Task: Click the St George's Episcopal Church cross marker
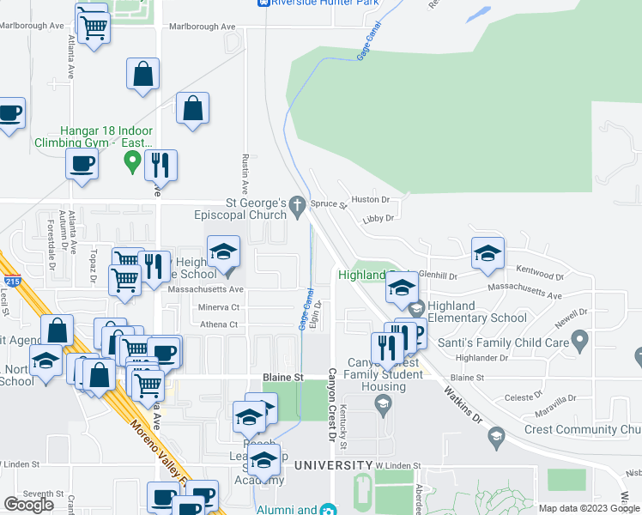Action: tap(297, 204)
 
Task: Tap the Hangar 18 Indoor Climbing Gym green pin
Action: tap(132, 161)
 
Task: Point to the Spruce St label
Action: tap(328, 206)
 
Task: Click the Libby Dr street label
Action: tap(378, 218)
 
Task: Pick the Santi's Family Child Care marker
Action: tap(579, 341)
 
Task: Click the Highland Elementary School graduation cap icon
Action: tap(417, 307)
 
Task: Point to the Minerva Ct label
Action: tap(218, 307)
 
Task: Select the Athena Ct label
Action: tap(220, 324)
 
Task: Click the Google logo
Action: tap(29, 505)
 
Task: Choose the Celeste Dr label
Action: tap(519, 397)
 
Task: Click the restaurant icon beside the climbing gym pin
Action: tap(160, 164)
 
